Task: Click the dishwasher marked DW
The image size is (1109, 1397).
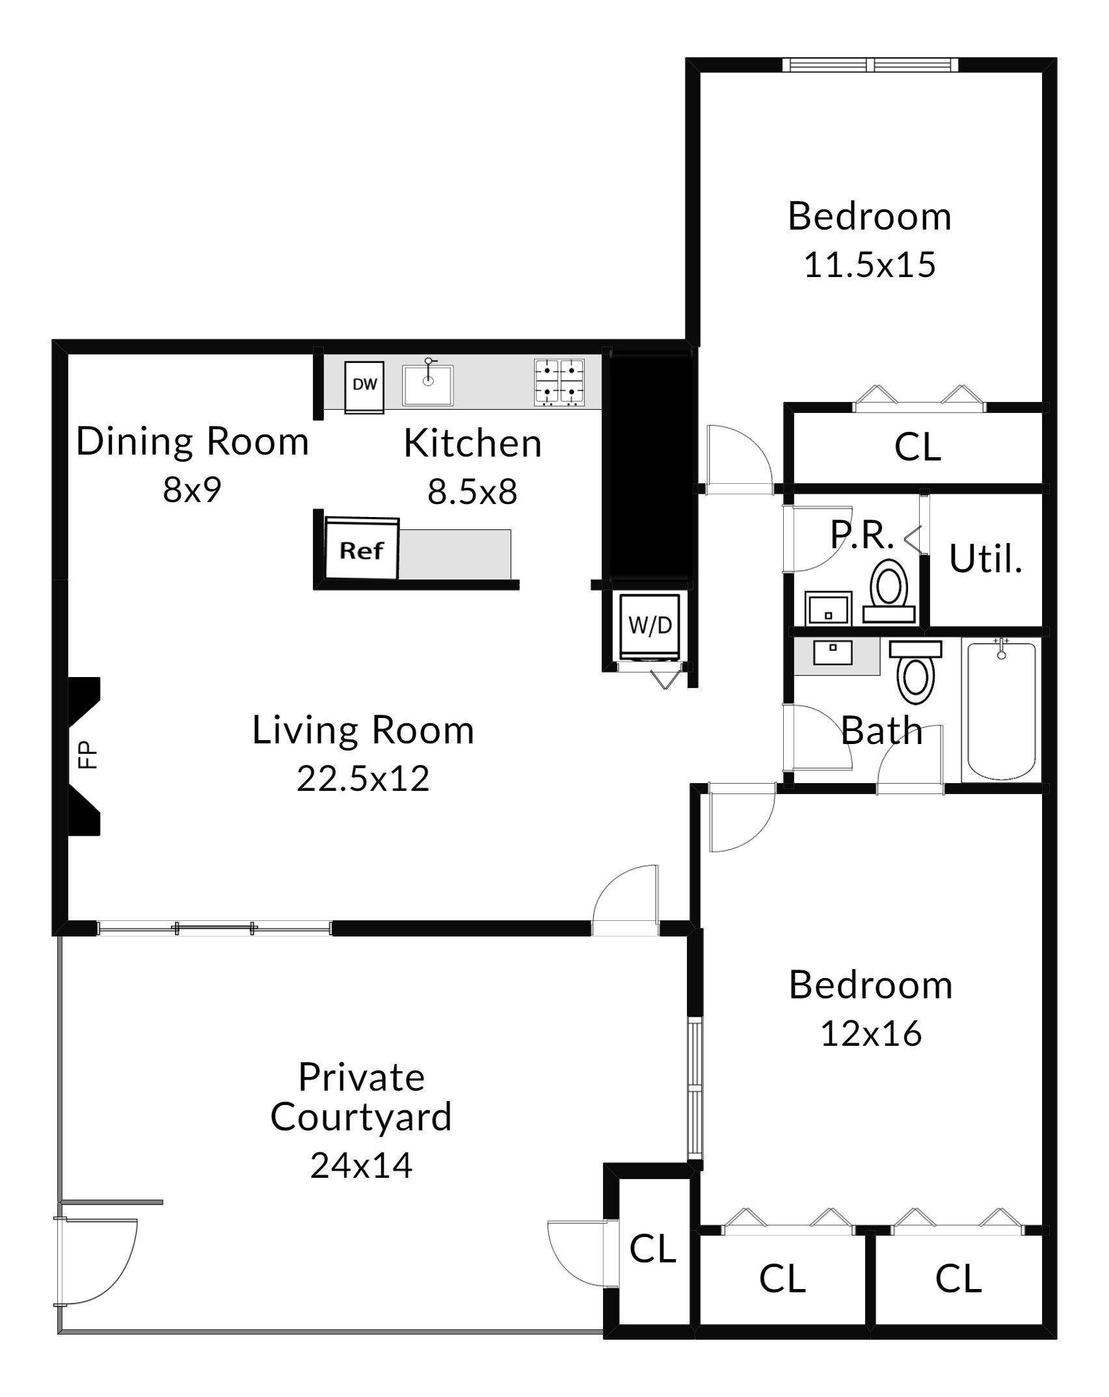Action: click(364, 387)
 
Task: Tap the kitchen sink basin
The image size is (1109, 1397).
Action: click(427, 385)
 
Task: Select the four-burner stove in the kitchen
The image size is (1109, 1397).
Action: click(559, 382)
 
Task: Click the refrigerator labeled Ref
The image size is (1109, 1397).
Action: click(362, 548)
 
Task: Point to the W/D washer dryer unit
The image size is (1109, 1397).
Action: click(650, 626)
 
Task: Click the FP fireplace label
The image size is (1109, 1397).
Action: click(87, 755)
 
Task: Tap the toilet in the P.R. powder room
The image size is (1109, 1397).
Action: click(889, 594)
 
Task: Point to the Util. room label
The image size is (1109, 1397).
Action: click(985, 559)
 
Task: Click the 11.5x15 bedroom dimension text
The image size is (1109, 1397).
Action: click(870, 265)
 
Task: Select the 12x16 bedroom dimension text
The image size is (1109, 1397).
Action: click(871, 1033)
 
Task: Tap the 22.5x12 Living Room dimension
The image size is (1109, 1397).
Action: click(363, 778)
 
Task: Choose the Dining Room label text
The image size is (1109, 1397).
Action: click(193, 442)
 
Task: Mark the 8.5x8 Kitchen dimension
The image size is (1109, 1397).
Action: click(472, 492)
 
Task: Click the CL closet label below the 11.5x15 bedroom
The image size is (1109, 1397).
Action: click(917, 447)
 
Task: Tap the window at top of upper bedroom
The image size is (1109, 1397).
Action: click(870, 65)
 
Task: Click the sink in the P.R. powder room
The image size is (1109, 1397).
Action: click(828, 608)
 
